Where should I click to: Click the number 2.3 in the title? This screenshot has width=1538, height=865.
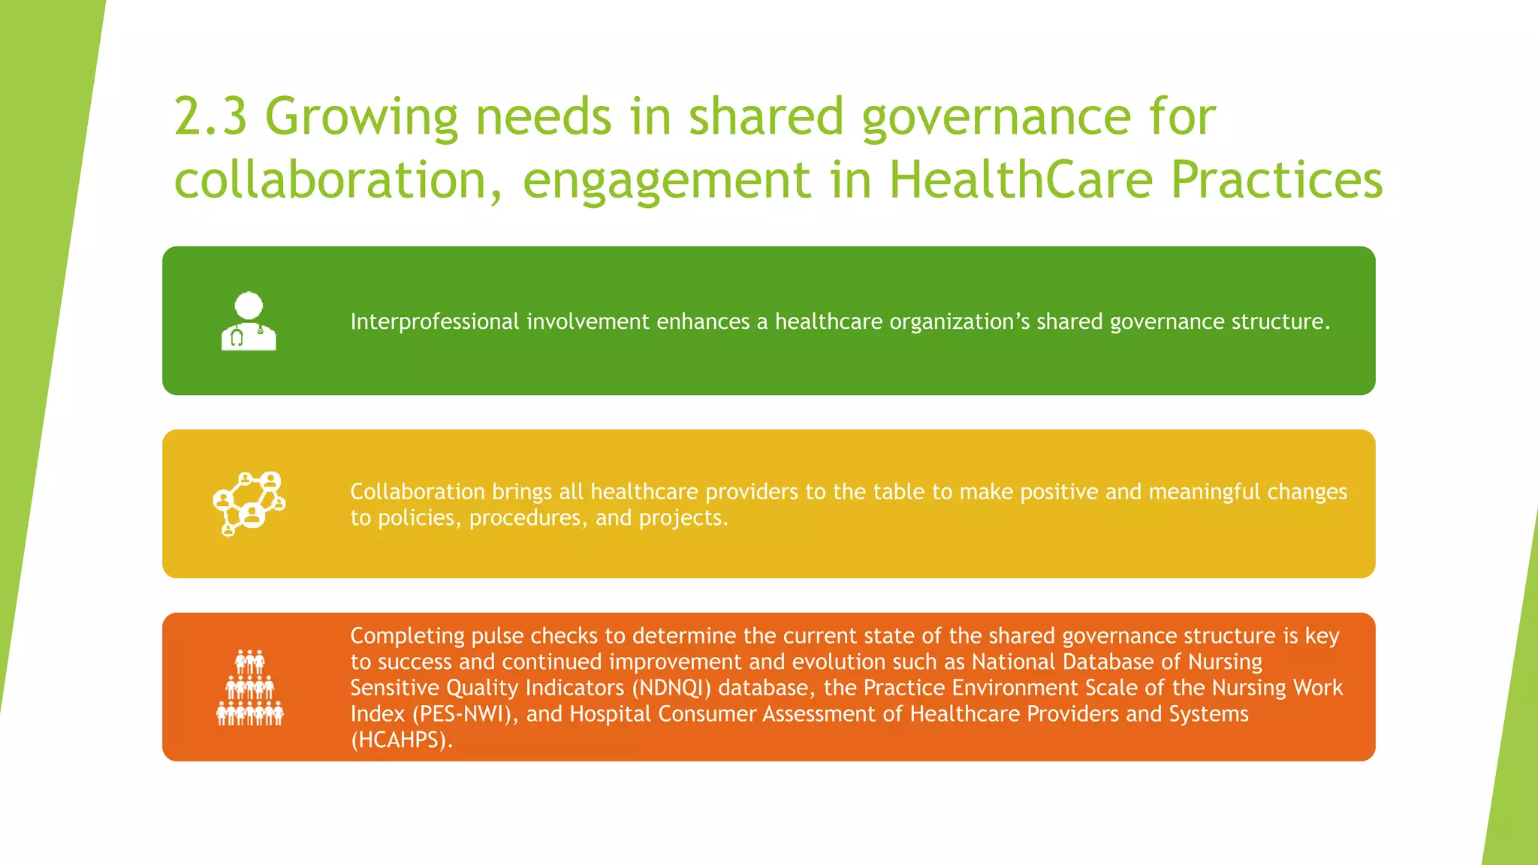pyautogui.click(x=210, y=117)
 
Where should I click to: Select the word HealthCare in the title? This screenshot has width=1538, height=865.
pyautogui.click(x=1021, y=180)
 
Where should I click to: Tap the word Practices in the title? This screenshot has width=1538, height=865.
pyautogui.click(x=1276, y=180)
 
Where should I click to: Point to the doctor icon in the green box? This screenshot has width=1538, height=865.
pyautogui.click(x=249, y=321)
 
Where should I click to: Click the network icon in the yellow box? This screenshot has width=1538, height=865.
pyautogui.click(x=249, y=503)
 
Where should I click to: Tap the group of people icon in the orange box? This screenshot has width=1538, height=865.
pyautogui.click(x=250, y=688)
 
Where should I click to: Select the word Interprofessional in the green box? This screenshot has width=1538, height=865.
pyautogui.click(x=434, y=321)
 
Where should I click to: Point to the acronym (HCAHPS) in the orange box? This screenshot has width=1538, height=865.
pyautogui.click(x=401, y=740)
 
